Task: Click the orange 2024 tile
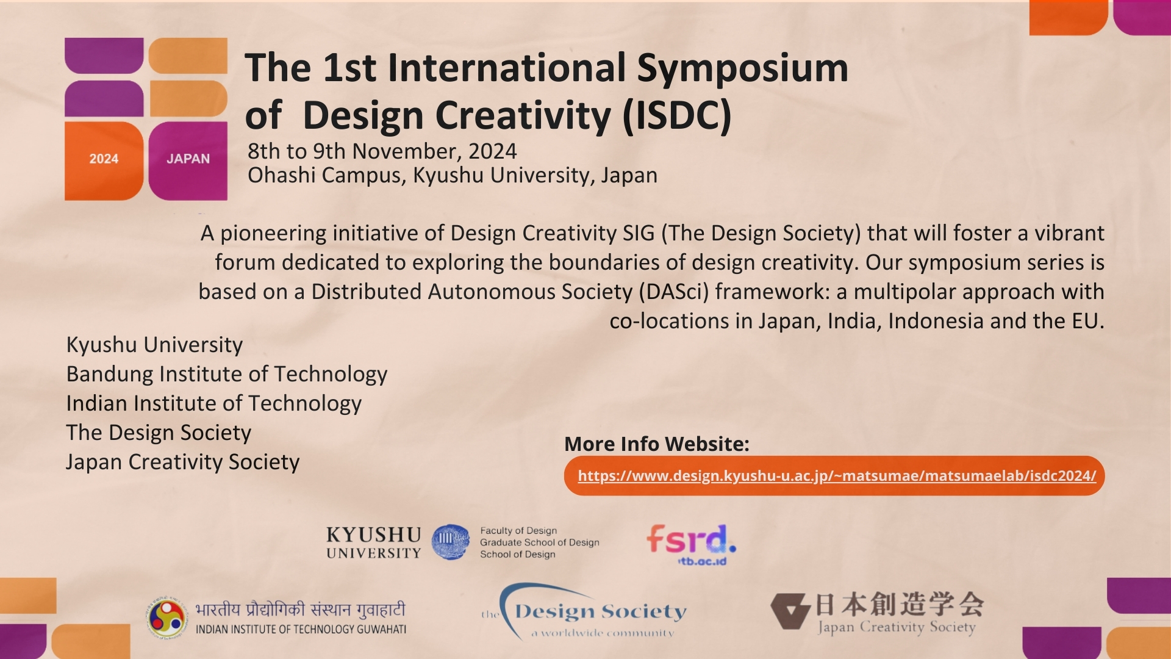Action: [x=104, y=160]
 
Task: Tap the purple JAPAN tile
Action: [x=188, y=160]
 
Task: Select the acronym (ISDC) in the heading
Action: [x=677, y=115]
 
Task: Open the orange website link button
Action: [x=834, y=475]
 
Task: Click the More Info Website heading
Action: [x=657, y=444]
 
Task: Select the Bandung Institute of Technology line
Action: [x=227, y=374]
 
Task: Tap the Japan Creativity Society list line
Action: [x=183, y=462]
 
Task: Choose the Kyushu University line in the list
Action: [x=154, y=345]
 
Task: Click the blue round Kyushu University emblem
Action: [x=451, y=542]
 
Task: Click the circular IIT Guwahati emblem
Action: [x=167, y=618]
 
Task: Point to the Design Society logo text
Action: [x=601, y=611]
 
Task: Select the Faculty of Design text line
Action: [x=518, y=531]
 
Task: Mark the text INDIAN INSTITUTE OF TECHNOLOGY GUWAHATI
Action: [x=301, y=629]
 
